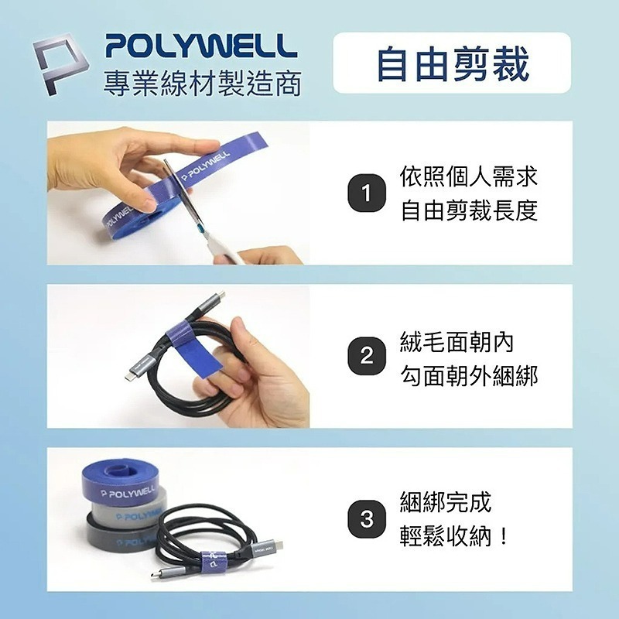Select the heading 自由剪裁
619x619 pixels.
point(453,63)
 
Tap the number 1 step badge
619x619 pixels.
point(367,193)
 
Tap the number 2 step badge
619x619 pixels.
point(367,357)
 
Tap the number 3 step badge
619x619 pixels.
point(367,519)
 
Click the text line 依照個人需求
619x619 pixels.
point(468,176)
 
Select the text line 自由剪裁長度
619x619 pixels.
point(468,210)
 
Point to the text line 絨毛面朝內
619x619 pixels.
point(457,340)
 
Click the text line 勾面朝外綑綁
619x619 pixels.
point(468,375)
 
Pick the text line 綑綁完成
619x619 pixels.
point(446,502)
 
